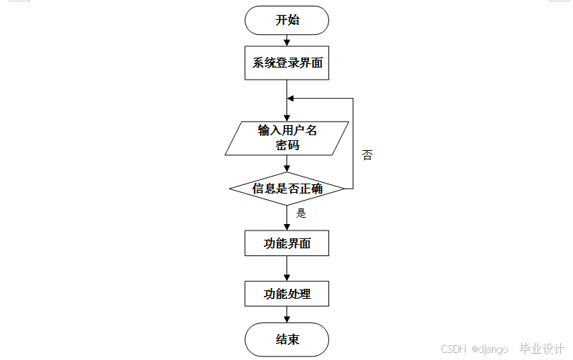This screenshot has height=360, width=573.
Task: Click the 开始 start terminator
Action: coord(287,20)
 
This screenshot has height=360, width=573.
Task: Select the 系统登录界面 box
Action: coord(287,63)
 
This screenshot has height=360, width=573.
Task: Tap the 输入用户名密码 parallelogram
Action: coord(287,138)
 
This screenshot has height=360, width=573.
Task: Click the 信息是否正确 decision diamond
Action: coord(287,189)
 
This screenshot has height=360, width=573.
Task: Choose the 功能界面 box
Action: coord(287,243)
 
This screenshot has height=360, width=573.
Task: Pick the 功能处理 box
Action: coord(287,293)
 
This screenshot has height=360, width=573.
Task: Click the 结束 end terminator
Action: coord(287,339)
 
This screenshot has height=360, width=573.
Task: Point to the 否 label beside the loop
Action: coord(367,155)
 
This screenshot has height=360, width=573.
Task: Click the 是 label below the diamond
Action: coord(301,213)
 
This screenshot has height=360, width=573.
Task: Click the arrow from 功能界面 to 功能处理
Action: coord(287,268)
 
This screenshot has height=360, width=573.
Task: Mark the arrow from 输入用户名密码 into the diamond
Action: coord(287,164)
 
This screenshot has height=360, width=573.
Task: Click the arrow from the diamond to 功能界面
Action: coord(287,218)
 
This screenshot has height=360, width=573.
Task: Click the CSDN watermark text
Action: coord(453,349)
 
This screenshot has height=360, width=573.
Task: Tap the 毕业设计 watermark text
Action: coord(542,349)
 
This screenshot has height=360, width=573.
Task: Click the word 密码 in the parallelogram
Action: coord(287,145)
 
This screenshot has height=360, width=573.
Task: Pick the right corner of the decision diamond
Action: coord(344,189)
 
